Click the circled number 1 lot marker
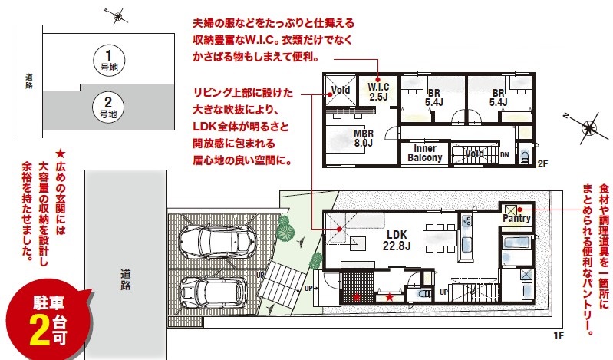108,59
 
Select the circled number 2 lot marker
108,107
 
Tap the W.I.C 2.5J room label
378,91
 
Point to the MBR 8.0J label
363,138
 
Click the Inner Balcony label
424,153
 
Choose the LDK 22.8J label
397,240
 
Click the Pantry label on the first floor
516,218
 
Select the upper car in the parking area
217,242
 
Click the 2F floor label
542,163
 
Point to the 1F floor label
559,335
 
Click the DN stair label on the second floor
505,155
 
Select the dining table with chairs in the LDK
440,237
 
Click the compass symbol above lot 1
117,16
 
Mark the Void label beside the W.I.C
340,90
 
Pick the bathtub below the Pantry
516,247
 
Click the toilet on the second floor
526,156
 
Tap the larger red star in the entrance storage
390,297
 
